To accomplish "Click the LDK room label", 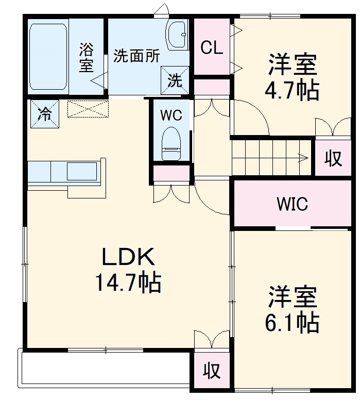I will tap(127, 256).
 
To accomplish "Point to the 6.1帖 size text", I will tap(292, 323).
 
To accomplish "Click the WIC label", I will tap(292, 204).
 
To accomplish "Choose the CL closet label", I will tap(212, 48).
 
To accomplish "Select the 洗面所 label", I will tap(136, 56).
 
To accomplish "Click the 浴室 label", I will tap(87, 58).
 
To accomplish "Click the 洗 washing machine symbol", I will tap(175, 80).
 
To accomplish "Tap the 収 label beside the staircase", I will tap(333, 159).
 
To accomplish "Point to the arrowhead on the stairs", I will tap(306, 157).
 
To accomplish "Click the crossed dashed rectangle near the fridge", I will tap(88, 109).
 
